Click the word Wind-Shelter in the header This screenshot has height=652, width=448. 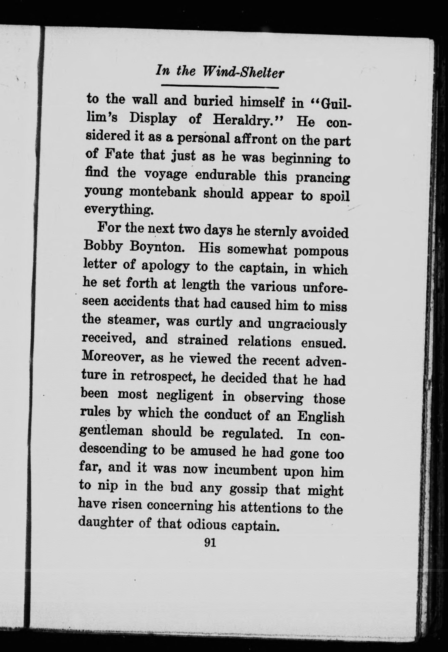tap(243, 72)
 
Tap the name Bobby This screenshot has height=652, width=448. tap(103, 247)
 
